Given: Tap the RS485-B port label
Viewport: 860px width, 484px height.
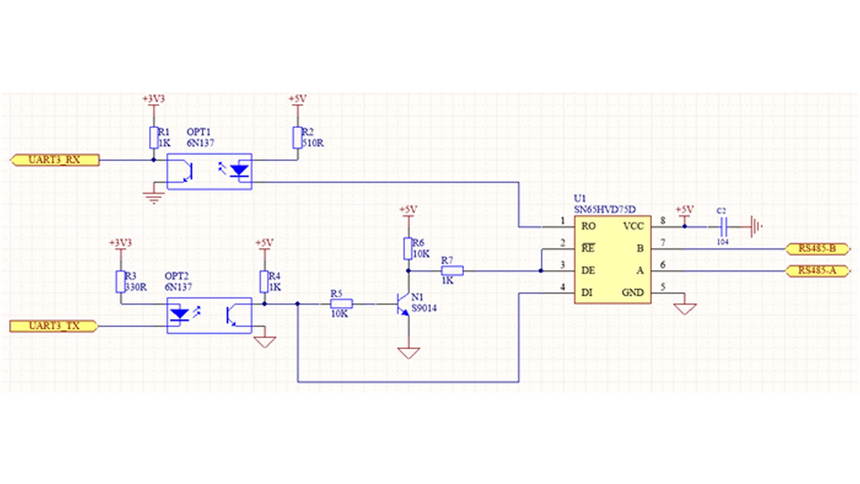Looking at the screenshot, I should [x=817, y=249].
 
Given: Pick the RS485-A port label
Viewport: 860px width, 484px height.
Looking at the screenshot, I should [x=817, y=271].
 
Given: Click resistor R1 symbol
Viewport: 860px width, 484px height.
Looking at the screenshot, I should [x=154, y=138].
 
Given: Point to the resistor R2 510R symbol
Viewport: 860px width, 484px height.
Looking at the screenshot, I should [x=297, y=138].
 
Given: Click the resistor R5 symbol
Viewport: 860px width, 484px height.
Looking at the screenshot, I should [x=341, y=304].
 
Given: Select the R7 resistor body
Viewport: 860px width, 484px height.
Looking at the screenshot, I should [x=452, y=271].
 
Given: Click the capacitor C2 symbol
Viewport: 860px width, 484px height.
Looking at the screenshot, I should [x=723, y=227].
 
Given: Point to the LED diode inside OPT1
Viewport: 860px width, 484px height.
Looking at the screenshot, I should [x=239, y=171].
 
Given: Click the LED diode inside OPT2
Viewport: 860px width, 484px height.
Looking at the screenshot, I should [x=180, y=313].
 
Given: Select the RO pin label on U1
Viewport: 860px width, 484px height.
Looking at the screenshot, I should [x=588, y=226].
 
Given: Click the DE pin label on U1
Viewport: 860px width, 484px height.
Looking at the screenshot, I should [x=588, y=271].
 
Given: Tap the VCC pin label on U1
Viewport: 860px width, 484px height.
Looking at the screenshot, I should [x=633, y=226].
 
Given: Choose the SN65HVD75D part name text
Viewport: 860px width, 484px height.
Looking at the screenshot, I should [x=605, y=209].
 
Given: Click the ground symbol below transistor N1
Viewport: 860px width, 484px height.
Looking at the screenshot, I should [x=408, y=353].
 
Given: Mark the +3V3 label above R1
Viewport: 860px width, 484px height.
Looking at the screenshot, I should [x=154, y=99].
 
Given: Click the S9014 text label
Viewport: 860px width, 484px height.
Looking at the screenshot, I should [x=424, y=308].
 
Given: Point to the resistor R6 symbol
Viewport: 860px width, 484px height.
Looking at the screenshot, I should [x=408, y=249].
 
